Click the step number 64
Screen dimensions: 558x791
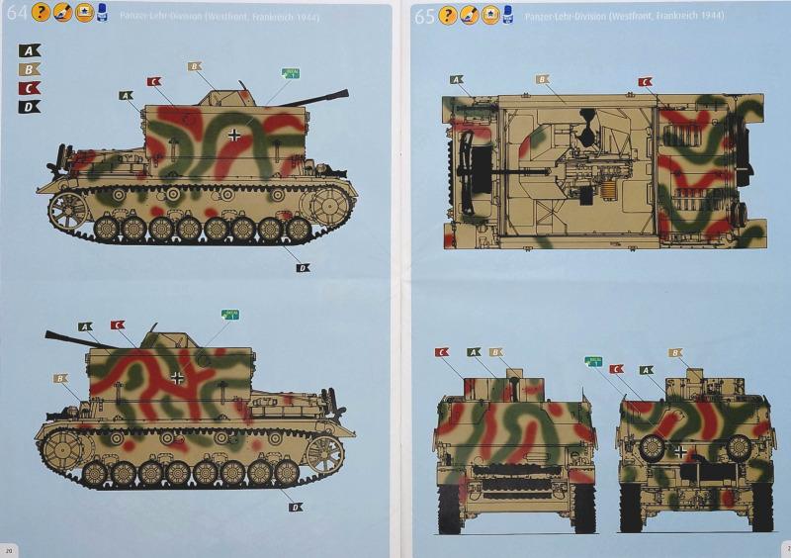click(17, 14)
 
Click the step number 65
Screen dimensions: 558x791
click(425, 15)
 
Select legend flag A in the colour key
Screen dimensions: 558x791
click(30, 50)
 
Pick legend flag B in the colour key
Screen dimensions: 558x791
click(30, 69)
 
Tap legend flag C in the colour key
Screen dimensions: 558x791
click(30, 88)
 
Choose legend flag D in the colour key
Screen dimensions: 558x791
click(30, 107)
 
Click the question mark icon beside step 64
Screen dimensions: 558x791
click(41, 13)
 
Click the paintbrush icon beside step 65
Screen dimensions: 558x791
click(469, 15)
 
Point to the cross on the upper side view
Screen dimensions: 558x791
click(233, 136)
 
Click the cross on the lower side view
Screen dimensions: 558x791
click(177, 377)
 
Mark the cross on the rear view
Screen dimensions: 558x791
click(681, 451)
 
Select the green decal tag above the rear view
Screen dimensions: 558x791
click(595, 362)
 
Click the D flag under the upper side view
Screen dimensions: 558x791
click(303, 267)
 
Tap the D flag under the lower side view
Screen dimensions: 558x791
click(295, 507)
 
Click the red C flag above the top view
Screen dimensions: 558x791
click(645, 81)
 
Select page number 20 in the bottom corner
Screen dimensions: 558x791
click(9, 549)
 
